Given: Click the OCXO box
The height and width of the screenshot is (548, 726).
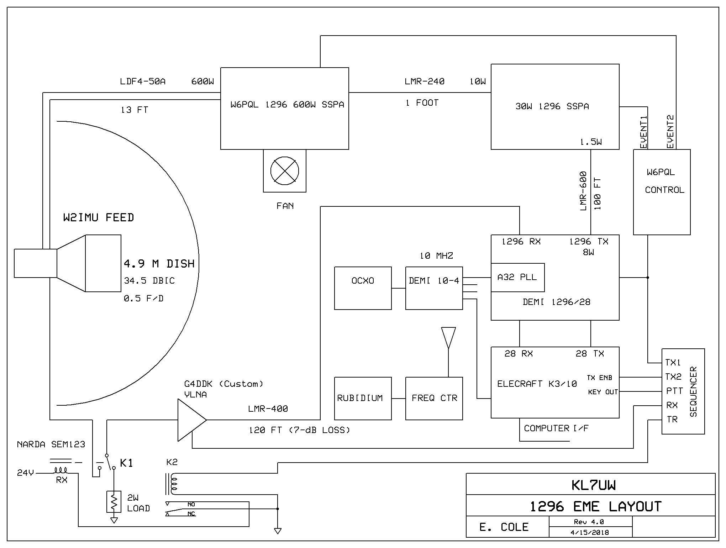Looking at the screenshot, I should (x=363, y=288).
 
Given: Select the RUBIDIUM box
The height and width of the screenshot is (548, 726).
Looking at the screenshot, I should (x=363, y=398).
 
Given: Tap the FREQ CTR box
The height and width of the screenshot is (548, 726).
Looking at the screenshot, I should (x=434, y=398).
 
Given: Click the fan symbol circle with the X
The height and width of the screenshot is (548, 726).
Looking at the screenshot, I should (x=284, y=171).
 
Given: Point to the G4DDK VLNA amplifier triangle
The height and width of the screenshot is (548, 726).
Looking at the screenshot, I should (x=191, y=420).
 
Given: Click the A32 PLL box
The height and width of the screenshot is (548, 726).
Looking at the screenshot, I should (x=517, y=277).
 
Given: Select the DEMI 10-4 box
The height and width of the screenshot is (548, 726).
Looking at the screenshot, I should (x=434, y=288).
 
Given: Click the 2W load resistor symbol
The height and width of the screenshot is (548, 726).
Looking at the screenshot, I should (x=114, y=502).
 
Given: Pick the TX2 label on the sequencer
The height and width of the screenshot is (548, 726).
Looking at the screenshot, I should (x=673, y=377).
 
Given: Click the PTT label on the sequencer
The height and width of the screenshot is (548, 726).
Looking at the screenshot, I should (x=674, y=391).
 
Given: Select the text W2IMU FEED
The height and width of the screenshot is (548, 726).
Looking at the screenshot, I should (x=99, y=217).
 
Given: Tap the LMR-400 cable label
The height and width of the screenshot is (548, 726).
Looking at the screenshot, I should (x=268, y=409).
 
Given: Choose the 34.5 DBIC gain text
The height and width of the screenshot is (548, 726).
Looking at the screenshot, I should (x=149, y=281).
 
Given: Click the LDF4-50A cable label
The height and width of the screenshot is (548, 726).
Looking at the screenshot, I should (x=143, y=81).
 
